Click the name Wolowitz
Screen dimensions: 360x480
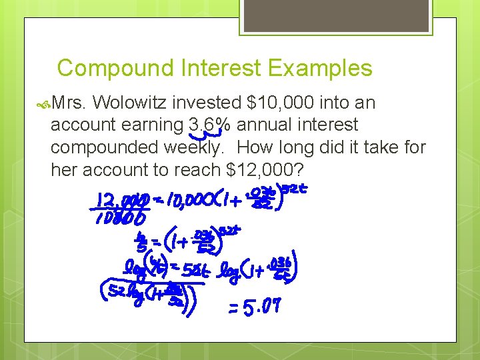click(x=130, y=103)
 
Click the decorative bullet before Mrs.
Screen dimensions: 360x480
click(x=43, y=103)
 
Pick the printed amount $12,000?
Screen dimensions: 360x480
click(x=266, y=169)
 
